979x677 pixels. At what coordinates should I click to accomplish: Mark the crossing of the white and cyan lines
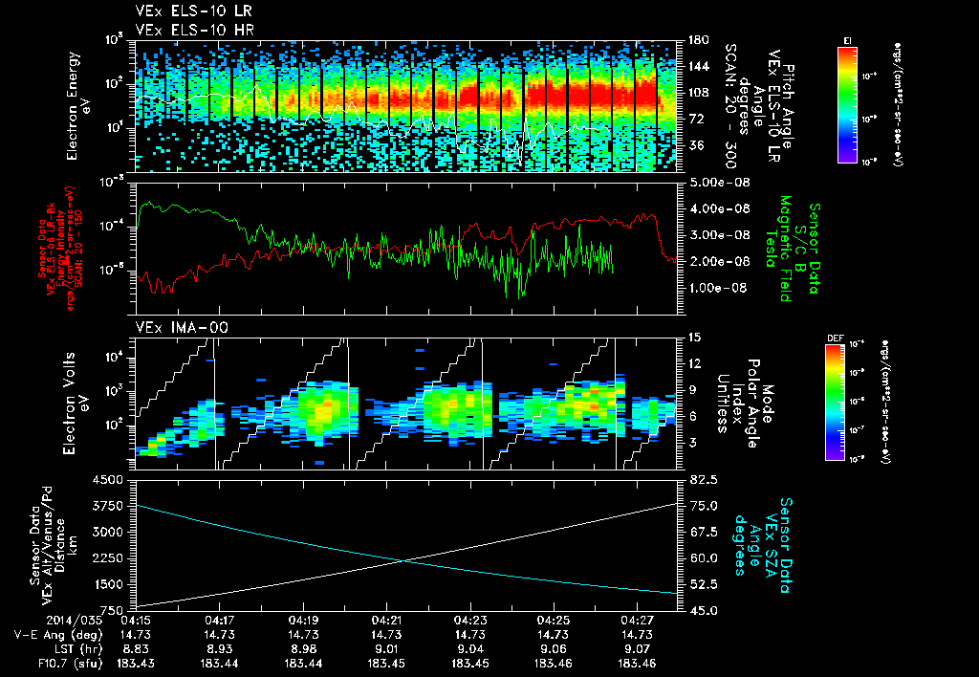tap(406, 560)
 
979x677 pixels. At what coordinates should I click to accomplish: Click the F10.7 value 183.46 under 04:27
tap(638, 662)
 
